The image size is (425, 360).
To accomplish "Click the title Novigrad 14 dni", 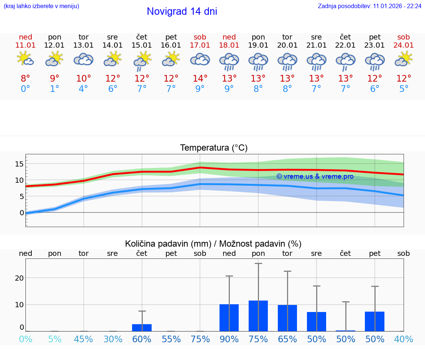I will pyautogui.click(x=182, y=11).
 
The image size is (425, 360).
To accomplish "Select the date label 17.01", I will pyautogui.click(x=200, y=45).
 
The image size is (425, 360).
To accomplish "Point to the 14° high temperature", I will pyautogui.click(x=200, y=78).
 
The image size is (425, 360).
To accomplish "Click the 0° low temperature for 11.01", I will pyautogui.click(x=25, y=89).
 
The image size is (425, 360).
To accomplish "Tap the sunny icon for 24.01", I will pyautogui.click(x=404, y=59).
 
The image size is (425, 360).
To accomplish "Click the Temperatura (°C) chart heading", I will pyautogui.click(x=214, y=148).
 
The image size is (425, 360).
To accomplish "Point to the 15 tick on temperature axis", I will pyautogui.click(x=19, y=164).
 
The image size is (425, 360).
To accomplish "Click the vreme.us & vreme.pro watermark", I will pyautogui.click(x=315, y=176).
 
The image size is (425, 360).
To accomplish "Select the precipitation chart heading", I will pyautogui.click(x=213, y=244).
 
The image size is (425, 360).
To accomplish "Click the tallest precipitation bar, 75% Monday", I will pyautogui.click(x=258, y=316).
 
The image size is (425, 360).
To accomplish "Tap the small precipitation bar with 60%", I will pyautogui.click(x=142, y=328).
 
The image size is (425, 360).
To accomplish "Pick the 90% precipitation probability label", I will pyautogui.click(x=229, y=339).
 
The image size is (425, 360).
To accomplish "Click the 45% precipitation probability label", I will pyautogui.click(x=84, y=339).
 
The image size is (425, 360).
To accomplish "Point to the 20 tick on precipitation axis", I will pyautogui.click(x=19, y=278).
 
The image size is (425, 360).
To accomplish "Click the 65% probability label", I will pyautogui.click(x=287, y=339).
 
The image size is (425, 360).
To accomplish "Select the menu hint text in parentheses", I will pyautogui.click(x=41, y=6).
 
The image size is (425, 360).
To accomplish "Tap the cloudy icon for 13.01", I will pyautogui.click(x=84, y=59).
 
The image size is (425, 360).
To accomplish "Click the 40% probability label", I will pyautogui.click(x=404, y=339).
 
